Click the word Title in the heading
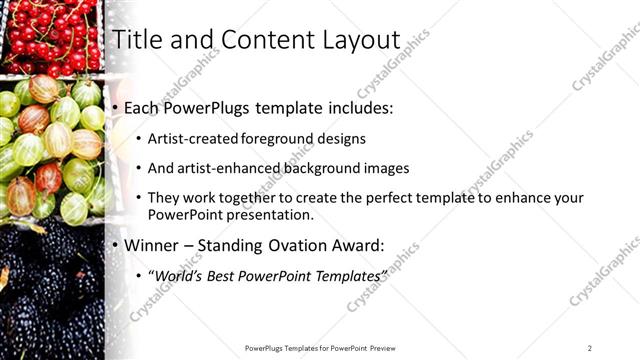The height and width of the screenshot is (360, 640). (137, 40)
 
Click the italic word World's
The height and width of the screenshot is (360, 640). (177, 273)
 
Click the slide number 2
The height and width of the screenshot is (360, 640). (590, 347)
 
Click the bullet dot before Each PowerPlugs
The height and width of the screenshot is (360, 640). (116, 107)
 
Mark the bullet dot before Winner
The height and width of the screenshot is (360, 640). (116, 244)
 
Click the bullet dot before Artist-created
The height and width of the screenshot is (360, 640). (137, 139)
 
